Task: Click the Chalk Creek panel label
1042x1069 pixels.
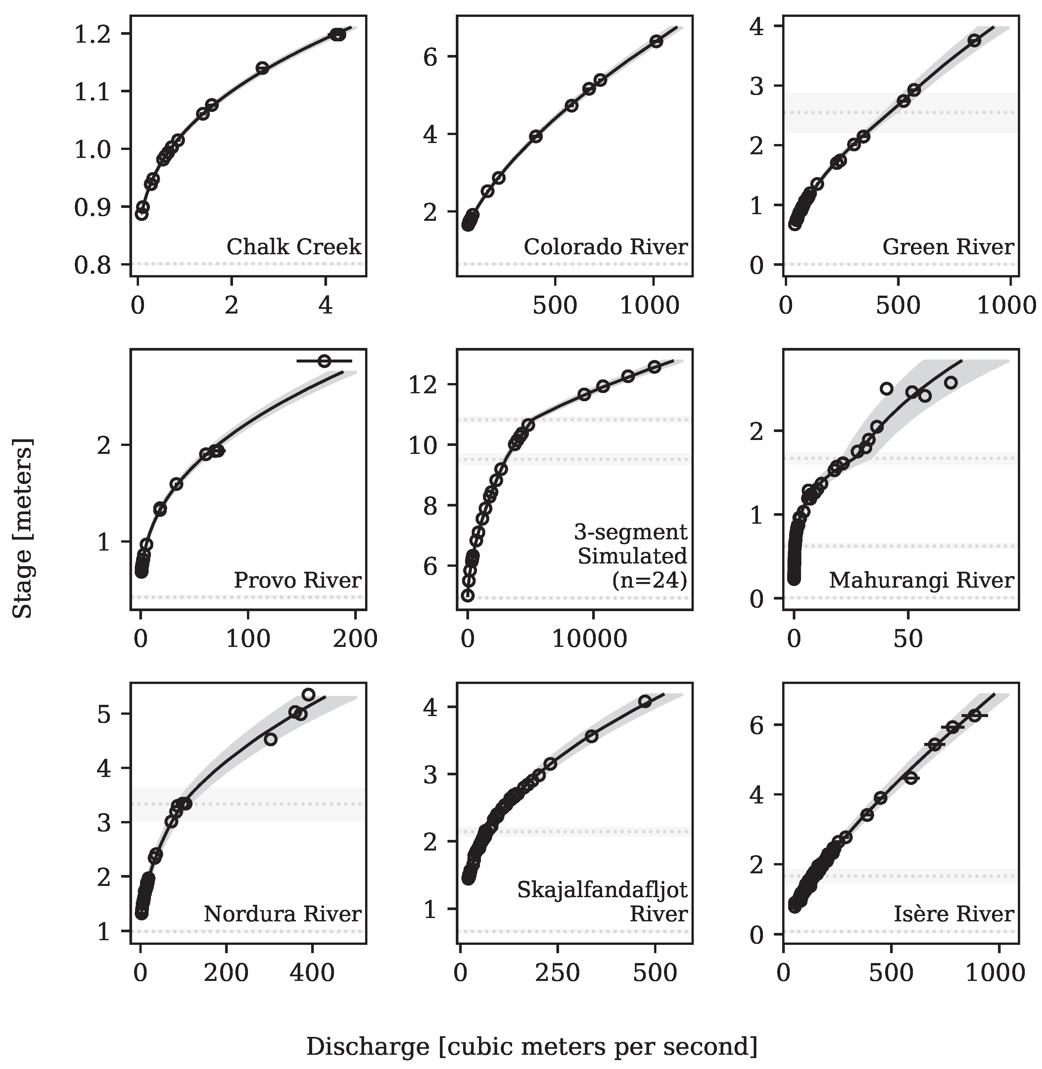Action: (x=294, y=247)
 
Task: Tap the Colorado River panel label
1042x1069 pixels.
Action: (x=605, y=247)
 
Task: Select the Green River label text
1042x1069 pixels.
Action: (x=948, y=247)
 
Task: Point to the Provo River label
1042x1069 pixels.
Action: (x=297, y=580)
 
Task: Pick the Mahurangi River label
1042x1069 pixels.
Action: (x=921, y=580)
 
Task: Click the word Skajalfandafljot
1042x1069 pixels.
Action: (x=602, y=891)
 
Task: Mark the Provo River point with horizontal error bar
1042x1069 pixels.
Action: (x=324, y=361)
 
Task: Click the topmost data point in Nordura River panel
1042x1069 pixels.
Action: (x=308, y=695)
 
